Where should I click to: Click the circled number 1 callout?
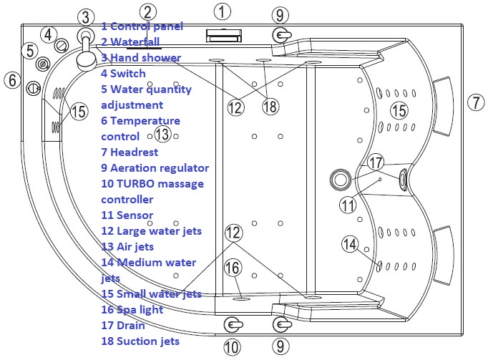[x=223, y=11]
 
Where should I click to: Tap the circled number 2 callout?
[x=147, y=11]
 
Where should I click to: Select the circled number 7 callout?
[x=475, y=102]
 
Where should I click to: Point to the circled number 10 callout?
[x=231, y=347]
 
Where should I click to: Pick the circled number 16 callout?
[x=233, y=268]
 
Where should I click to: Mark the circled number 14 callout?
[x=348, y=243]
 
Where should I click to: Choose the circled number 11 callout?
[x=348, y=205]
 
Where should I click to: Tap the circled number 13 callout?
[x=162, y=134]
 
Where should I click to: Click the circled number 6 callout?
[x=11, y=80]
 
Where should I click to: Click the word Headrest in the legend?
[x=134, y=152]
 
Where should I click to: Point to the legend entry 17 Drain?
[x=126, y=325]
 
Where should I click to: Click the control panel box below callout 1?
[x=223, y=34]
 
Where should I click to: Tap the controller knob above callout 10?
[x=231, y=324]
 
